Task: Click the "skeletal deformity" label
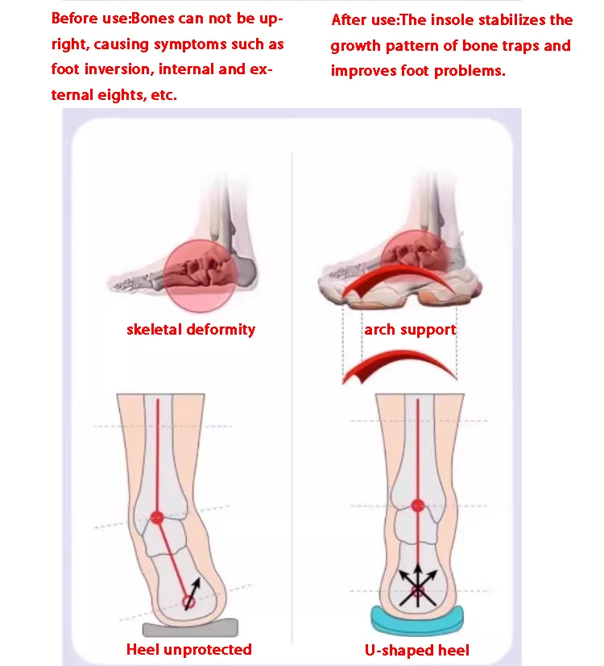190,329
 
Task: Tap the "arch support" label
410,329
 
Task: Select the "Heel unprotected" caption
189,649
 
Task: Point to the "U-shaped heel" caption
417,649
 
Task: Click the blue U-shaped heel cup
417,618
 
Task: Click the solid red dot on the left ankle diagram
158,517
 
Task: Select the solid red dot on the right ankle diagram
417,506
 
